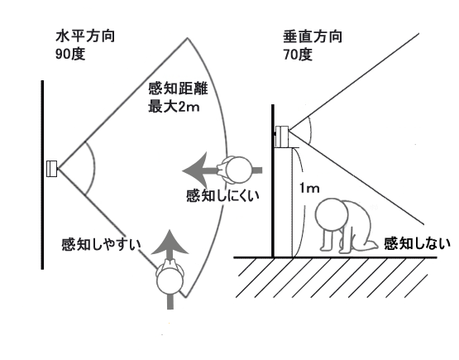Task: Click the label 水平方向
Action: (85, 36)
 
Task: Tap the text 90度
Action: (70, 54)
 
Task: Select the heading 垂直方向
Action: (313, 37)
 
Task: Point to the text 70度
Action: (298, 54)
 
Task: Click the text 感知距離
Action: (178, 89)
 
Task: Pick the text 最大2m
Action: (174, 106)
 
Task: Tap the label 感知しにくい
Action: (222, 195)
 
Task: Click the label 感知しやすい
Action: (101, 244)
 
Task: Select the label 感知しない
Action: (417, 243)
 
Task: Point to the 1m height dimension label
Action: (309, 188)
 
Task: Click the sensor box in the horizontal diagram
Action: (52, 169)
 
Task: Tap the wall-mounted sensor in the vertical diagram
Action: (282, 137)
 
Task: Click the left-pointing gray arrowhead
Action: (195, 170)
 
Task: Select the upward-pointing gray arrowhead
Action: (170, 242)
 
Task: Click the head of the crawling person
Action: (332, 214)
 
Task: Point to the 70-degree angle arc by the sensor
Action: (310, 132)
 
